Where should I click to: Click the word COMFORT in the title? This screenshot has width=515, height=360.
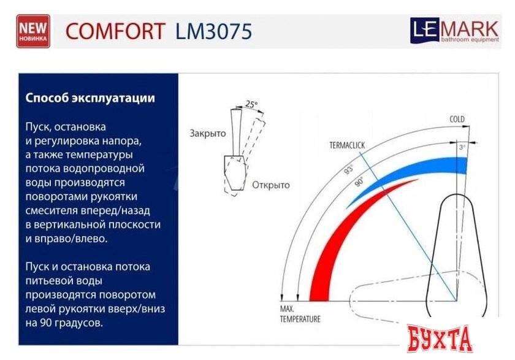pos(115,31)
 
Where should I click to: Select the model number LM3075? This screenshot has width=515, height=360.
pos(213,31)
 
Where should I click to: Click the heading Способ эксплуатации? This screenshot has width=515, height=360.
pos(90,98)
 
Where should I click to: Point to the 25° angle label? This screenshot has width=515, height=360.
pos(250,104)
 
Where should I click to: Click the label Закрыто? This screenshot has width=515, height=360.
pos(207,133)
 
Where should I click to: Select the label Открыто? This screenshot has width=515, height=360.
pos(270,185)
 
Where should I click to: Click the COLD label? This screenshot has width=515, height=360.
pos(457,119)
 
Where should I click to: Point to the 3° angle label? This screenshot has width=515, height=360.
pos(462,148)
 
